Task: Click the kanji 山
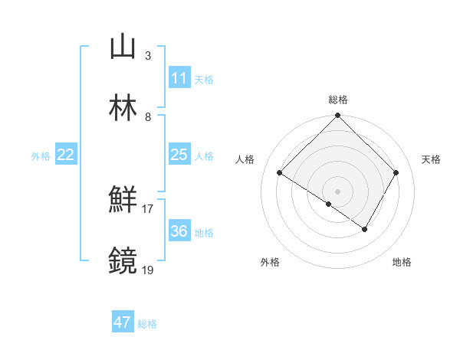click(123, 47)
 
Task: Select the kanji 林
click(123, 108)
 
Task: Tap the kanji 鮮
click(123, 201)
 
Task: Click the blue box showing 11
click(179, 78)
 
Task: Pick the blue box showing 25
click(179, 155)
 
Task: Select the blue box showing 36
click(179, 231)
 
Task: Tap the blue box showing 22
click(66, 155)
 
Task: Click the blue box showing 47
click(123, 322)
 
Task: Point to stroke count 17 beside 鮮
click(147, 208)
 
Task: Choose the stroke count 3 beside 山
click(147, 55)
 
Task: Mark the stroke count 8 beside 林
click(147, 116)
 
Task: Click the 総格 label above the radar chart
click(337, 100)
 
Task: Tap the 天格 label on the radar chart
click(432, 159)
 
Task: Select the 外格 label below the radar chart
click(270, 263)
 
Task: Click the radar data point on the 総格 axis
click(337, 116)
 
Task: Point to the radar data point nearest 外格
click(328, 204)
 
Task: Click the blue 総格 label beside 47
click(147, 324)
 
